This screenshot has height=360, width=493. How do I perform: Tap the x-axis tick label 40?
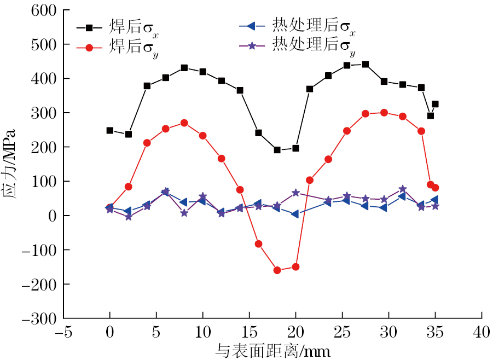(x=482, y=332)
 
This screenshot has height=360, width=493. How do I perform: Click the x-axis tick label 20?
(x=295, y=332)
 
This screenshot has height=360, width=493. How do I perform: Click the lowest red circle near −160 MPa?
(x=277, y=270)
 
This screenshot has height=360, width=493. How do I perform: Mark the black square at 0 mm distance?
(x=110, y=130)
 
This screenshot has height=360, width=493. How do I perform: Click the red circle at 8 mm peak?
(x=184, y=123)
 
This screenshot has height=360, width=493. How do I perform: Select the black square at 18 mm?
(x=277, y=150)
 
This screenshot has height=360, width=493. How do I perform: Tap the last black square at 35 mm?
(x=435, y=104)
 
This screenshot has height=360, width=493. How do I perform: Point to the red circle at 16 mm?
(x=259, y=243)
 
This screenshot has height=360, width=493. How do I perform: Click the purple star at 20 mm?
(x=295, y=193)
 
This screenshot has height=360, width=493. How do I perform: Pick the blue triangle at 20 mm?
(x=295, y=214)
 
